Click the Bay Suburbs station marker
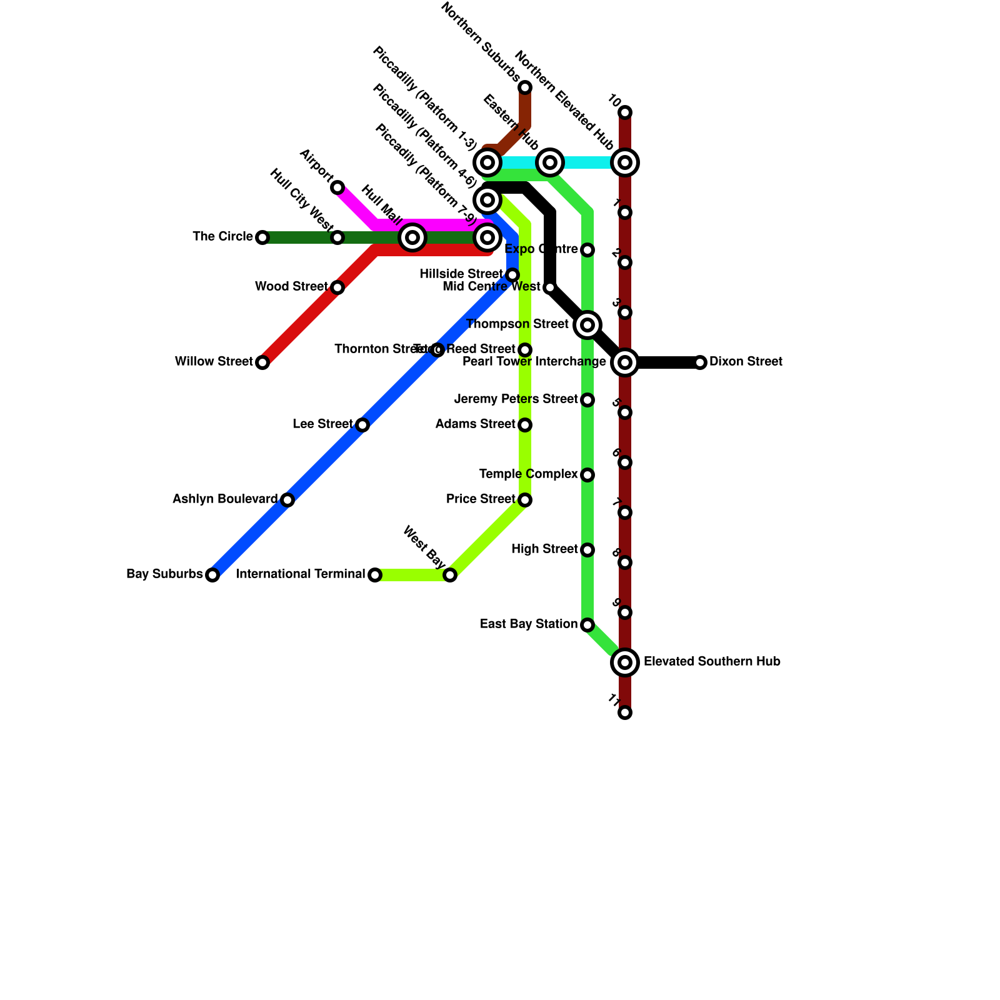[x=212, y=575]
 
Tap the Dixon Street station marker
[x=700, y=362]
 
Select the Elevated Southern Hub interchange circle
[x=625, y=662]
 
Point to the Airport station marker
[x=337, y=187]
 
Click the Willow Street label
[x=214, y=362]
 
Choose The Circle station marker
[x=262, y=237]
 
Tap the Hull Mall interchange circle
[x=412, y=237]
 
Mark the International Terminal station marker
[x=375, y=575]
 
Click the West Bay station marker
[x=450, y=575]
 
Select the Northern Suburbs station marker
[x=525, y=87]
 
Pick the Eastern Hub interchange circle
[x=550, y=162]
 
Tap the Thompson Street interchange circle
[x=587, y=325]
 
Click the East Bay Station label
[x=529, y=624]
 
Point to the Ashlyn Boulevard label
[x=225, y=499]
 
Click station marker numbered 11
[x=625, y=712]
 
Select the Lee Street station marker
[x=362, y=425]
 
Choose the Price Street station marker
[x=525, y=500]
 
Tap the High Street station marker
[x=587, y=550]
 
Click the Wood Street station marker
[x=337, y=287]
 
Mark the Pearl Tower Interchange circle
[x=625, y=362]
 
